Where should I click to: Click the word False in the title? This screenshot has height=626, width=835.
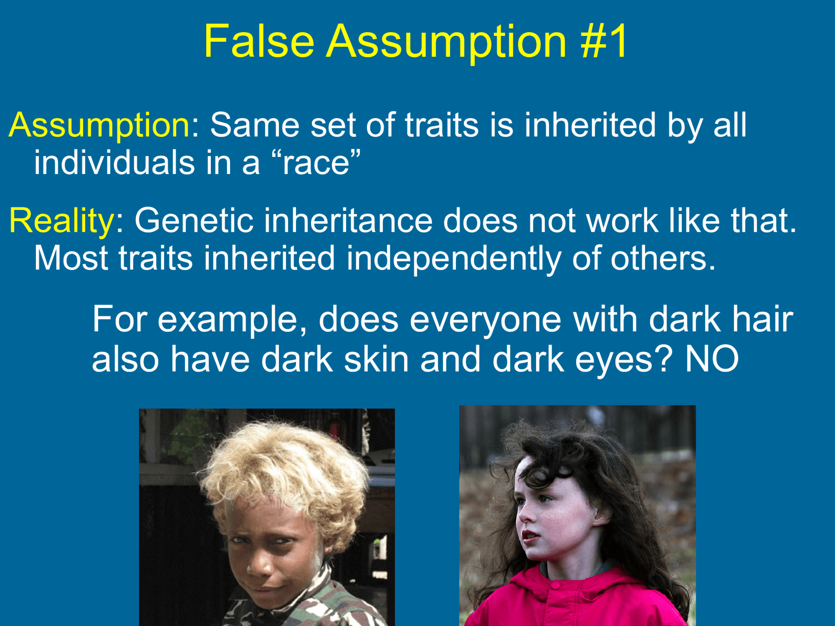[x=259, y=41]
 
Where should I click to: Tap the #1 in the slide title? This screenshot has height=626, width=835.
[x=604, y=41]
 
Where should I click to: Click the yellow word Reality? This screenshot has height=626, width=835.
[x=62, y=220]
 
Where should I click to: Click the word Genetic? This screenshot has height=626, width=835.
[x=193, y=220]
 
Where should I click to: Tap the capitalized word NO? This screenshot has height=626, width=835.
[x=711, y=359]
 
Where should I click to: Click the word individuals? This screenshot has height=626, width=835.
[x=114, y=163]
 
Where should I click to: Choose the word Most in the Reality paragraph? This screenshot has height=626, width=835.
[x=71, y=258]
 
